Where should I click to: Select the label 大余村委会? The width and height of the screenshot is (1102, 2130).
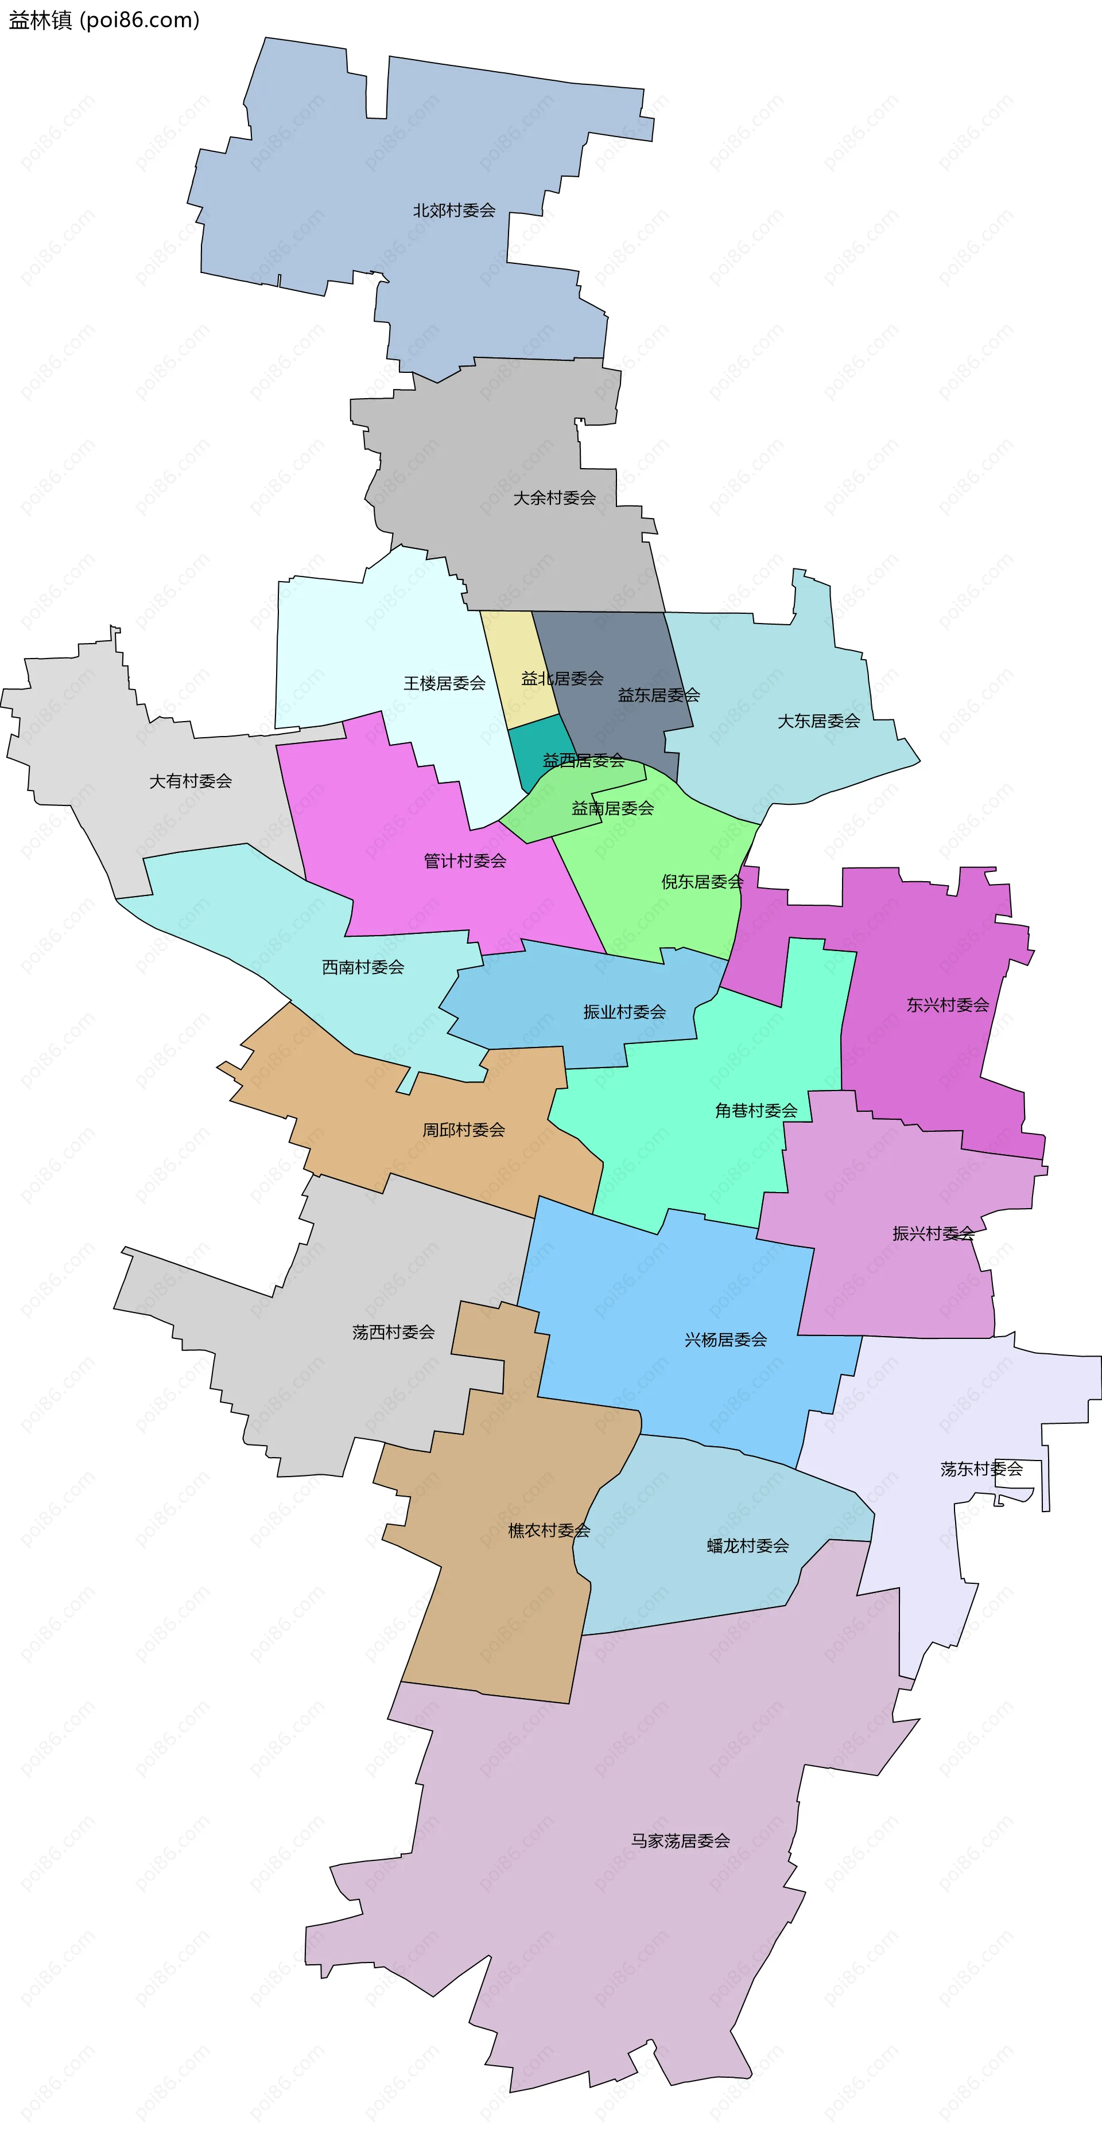(554, 498)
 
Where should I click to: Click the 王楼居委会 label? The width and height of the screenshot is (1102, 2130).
(444, 683)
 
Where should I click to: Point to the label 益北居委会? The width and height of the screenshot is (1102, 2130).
(562, 678)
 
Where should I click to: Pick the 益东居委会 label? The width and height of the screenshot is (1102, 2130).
(658, 695)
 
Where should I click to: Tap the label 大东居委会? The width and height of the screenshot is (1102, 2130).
(818, 721)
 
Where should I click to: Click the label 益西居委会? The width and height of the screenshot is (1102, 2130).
(583, 760)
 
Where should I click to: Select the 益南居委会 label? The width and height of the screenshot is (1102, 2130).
(612, 808)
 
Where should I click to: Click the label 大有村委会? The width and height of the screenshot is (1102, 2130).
(191, 781)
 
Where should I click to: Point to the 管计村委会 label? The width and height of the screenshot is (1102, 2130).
(465, 860)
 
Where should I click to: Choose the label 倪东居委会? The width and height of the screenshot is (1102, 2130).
(701, 882)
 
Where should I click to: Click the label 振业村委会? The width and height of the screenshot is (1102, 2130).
(624, 1011)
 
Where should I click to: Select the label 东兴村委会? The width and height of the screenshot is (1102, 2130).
(947, 1004)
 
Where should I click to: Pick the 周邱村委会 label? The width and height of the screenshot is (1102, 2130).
(463, 1130)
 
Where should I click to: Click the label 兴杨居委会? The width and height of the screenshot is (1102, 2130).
(725, 1339)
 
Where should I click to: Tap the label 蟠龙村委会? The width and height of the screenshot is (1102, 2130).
(747, 1545)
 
